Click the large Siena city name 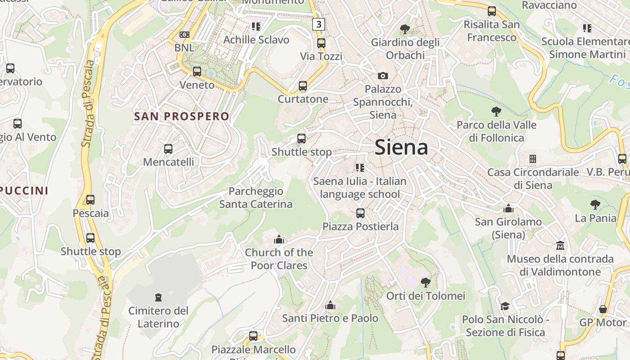pos(401,147)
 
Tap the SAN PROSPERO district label pos(182,116)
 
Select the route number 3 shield pos(319,24)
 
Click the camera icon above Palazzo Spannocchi pos(382,76)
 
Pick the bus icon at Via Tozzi pos(321,43)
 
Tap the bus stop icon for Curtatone pos(303,85)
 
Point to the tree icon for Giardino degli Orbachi pos(405,29)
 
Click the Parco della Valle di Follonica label pos(497,131)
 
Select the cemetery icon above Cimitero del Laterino pos(158,297)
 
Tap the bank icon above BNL pos(184,35)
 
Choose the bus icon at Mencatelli pos(168,148)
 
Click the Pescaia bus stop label pos(91,213)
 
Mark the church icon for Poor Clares pos(279,239)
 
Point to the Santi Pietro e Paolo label pos(330,318)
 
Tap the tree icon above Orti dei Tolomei pos(425,283)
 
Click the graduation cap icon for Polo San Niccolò pos(505,306)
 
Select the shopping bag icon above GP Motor pos(603,309)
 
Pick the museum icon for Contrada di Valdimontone pos(560,245)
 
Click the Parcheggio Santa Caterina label pos(256,198)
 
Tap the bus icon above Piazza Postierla pos(360,213)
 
